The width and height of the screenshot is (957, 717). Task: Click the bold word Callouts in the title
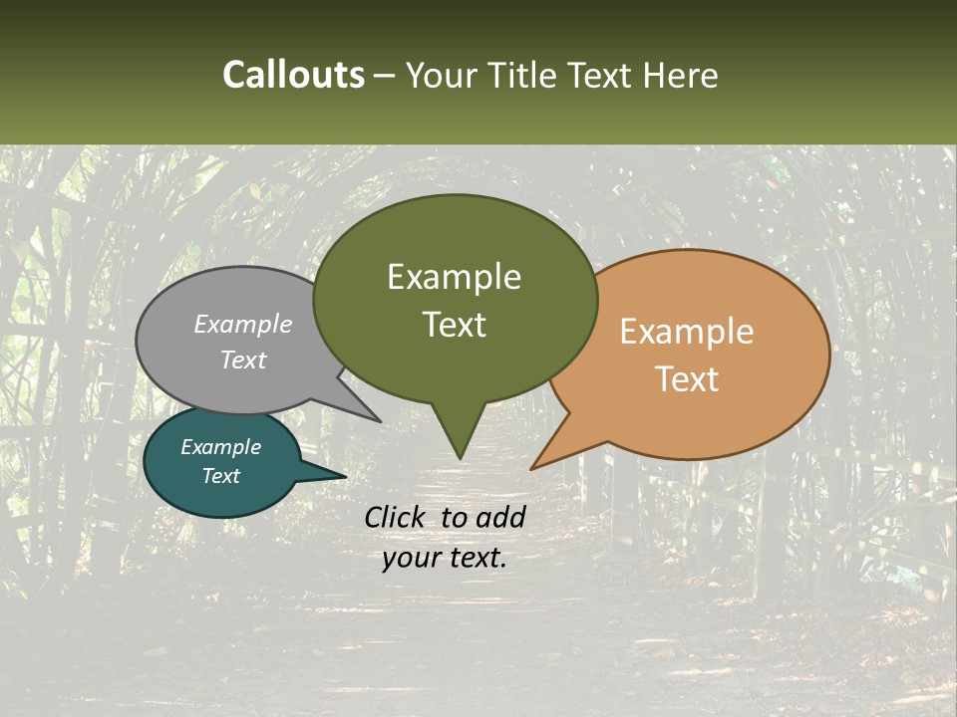tap(293, 75)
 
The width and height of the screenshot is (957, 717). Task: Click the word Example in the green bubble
tap(454, 277)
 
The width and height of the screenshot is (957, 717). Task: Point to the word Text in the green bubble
tap(454, 325)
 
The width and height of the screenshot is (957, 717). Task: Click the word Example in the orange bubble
tap(687, 332)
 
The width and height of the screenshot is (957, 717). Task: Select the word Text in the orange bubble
tap(687, 379)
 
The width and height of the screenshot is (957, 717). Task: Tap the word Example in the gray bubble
tap(243, 325)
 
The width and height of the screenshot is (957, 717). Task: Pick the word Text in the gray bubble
tap(243, 359)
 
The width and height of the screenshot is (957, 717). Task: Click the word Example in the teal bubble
tap(220, 447)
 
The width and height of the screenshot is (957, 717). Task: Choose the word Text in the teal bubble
tap(220, 476)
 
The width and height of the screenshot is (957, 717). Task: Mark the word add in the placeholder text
tap(499, 517)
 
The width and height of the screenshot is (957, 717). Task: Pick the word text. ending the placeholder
tap(475, 558)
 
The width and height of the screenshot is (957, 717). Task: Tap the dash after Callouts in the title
tap(385, 76)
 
